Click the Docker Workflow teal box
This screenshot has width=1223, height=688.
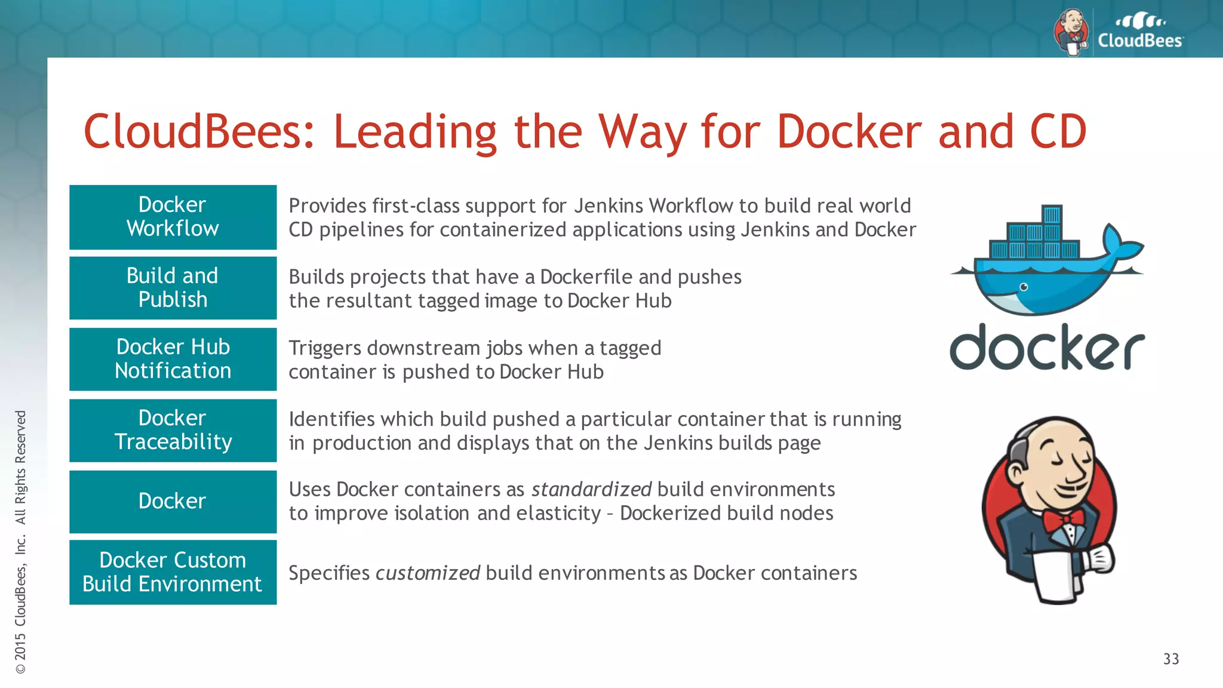coord(173,217)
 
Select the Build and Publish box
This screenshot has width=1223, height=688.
coord(173,288)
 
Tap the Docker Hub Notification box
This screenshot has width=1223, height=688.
coord(173,359)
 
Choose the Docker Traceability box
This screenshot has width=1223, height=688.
coord(173,430)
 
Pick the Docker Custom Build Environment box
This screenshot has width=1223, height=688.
coord(173,572)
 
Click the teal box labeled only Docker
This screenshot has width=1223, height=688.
coord(173,501)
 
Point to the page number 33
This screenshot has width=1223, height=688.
coord(1170,659)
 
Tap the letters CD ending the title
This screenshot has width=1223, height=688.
coord(1057,132)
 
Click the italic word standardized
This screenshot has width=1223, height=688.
coord(591,490)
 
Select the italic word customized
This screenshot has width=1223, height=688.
coord(428,573)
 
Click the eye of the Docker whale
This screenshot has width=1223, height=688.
coord(1024,287)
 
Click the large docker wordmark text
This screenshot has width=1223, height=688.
coord(1046,348)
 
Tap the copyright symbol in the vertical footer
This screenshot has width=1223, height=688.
coord(21,669)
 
